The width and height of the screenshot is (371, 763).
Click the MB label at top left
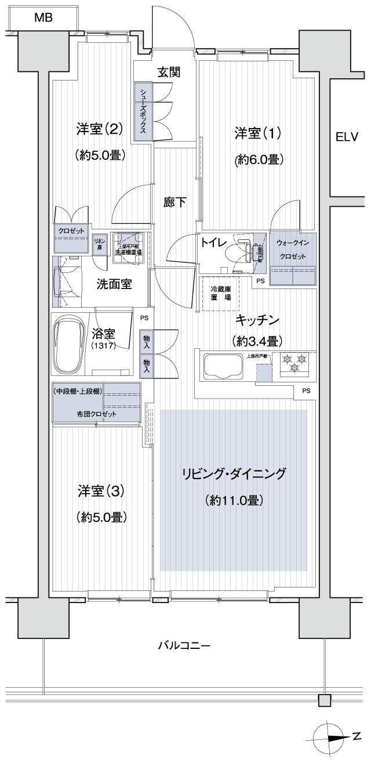tap(43, 18)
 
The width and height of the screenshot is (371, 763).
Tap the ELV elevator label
tap(347, 137)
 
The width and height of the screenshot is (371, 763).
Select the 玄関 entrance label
tap(169, 72)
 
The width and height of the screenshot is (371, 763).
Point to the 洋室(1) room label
tap(258, 133)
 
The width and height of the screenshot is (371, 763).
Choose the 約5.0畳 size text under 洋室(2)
tap(100, 155)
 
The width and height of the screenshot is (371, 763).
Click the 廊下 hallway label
tap(174, 202)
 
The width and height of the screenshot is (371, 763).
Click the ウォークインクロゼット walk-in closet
tap(293, 258)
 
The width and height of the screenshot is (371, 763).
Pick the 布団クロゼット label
tap(96, 414)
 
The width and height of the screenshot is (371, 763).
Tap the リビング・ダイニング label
tap(234, 474)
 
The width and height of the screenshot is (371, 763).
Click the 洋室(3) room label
tap(101, 491)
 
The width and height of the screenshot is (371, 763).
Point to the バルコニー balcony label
tap(184, 645)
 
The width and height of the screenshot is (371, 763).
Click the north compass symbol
tap(329, 735)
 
